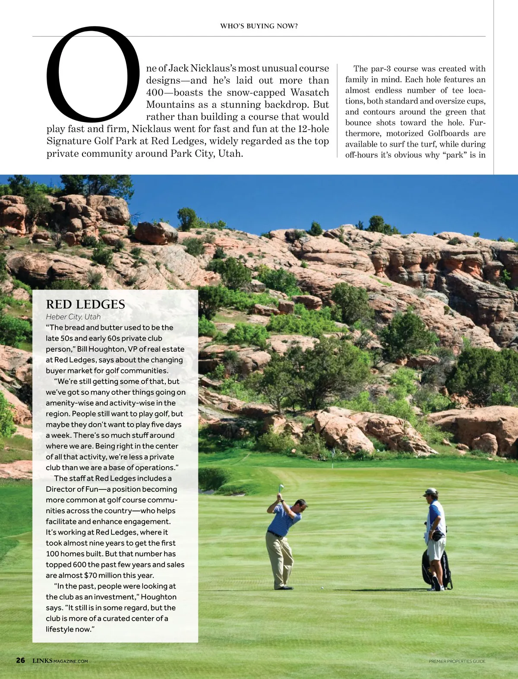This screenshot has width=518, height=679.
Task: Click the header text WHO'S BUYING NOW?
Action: tap(259, 26)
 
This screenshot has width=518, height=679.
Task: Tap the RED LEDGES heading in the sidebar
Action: tap(85, 304)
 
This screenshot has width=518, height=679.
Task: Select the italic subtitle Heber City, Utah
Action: tap(73, 317)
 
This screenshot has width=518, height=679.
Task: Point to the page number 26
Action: tap(21, 660)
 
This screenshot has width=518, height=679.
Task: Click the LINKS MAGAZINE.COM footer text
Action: tap(60, 661)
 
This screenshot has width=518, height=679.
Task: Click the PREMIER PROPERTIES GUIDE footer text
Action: tap(457, 661)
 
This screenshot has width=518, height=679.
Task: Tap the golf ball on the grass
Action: tap(322, 588)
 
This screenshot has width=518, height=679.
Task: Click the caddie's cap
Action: tap(431, 491)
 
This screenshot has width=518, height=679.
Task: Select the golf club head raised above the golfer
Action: tap(281, 487)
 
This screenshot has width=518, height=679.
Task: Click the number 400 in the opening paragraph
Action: tap(155, 93)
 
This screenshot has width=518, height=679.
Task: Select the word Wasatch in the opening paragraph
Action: tap(310, 93)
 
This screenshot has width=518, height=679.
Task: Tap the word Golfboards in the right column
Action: tap(449, 134)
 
